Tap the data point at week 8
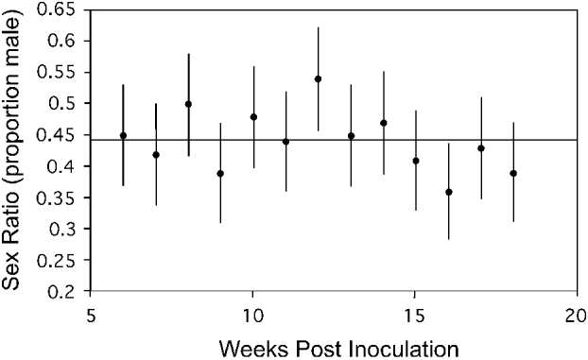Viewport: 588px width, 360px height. pos(188,104)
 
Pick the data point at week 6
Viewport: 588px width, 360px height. pos(123,135)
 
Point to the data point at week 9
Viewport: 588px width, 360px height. pos(220,173)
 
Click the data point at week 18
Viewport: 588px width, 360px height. pos(513,173)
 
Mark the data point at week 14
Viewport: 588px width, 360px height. pos(383,123)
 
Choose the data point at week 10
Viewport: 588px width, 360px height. pos(253,116)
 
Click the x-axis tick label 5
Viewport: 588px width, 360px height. pos(91,313)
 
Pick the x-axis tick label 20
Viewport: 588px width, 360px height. pos(577,313)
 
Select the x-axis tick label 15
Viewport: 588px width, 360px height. pos(415,313)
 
